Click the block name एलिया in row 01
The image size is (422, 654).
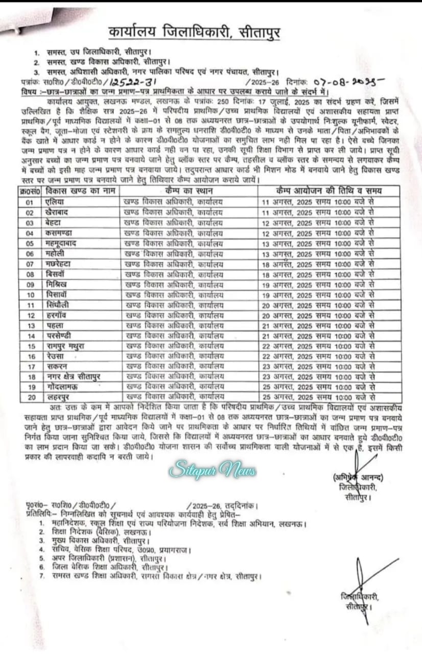pyautogui.click(x=54, y=202)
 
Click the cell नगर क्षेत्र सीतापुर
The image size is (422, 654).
pyautogui.click(x=71, y=377)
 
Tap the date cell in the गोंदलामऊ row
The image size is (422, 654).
pyautogui.click(x=318, y=387)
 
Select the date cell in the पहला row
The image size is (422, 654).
pyautogui.click(x=318, y=325)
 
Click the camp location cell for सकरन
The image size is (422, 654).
pyautogui.click(x=174, y=366)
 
